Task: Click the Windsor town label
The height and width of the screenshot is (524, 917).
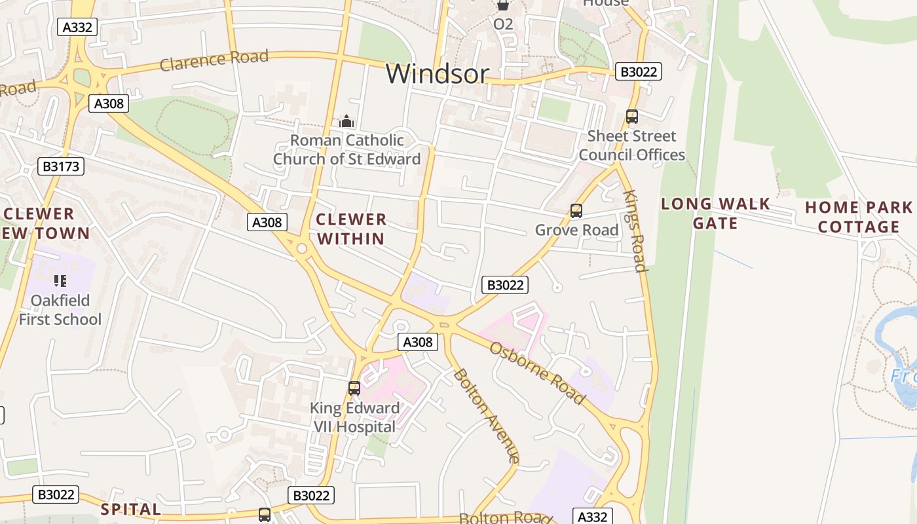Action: click(x=437, y=73)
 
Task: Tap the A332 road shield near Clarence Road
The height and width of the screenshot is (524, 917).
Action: click(x=77, y=27)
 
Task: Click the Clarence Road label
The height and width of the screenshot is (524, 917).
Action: click(x=214, y=60)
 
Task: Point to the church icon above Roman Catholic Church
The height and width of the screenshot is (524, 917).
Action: click(x=346, y=121)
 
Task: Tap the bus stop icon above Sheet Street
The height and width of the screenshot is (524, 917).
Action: click(x=631, y=117)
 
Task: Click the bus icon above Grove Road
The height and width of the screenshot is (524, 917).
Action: click(x=576, y=211)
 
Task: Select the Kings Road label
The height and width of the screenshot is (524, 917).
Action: click(x=635, y=231)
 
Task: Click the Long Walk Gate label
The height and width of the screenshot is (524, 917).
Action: click(x=715, y=214)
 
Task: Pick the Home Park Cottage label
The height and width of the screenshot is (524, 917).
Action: click(x=859, y=217)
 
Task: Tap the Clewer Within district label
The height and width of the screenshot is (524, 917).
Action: click(x=351, y=229)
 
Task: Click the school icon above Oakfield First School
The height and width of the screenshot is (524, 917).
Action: click(x=60, y=281)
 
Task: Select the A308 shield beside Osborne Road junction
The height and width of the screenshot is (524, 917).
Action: click(x=417, y=342)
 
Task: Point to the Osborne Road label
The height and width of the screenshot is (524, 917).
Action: click(x=536, y=373)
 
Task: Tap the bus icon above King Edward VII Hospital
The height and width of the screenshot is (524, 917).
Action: click(x=354, y=388)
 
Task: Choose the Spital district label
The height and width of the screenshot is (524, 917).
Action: click(x=131, y=509)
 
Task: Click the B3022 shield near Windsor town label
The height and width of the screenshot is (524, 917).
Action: click(x=638, y=72)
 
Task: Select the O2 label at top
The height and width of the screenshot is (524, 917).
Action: click(x=503, y=24)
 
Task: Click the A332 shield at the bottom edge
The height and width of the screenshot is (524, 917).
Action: click(x=593, y=516)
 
